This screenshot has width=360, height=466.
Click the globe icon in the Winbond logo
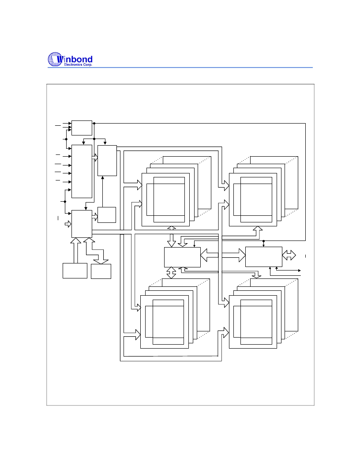(x=56, y=59)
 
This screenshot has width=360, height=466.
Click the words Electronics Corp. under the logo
(x=78, y=64)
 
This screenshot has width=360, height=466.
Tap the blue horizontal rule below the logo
(x=180, y=68)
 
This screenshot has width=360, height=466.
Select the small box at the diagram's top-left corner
(x=82, y=128)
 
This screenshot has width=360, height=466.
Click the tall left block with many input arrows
(x=82, y=172)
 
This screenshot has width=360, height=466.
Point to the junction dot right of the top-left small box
(x=94, y=123)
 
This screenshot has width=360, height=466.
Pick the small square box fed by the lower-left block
(x=107, y=215)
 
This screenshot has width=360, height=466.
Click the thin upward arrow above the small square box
(x=102, y=192)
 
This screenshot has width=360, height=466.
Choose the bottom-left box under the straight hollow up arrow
(x=75, y=271)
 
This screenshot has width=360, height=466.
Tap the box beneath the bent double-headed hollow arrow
(x=101, y=271)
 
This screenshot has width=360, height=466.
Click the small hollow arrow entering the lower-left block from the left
(x=68, y=224)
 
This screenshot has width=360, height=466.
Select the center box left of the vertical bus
(x=182, y=257)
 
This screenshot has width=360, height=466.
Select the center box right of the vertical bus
(x=264, y=257)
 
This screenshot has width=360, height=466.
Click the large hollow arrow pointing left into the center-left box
(x=210, y=256)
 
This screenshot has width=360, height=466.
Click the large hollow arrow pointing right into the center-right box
(x=234, y=256)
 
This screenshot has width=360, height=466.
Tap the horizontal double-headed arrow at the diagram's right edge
(x=289, y=255)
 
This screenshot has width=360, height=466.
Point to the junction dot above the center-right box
(x=263, y=241)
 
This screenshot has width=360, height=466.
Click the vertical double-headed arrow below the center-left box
(x=171, y=273)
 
